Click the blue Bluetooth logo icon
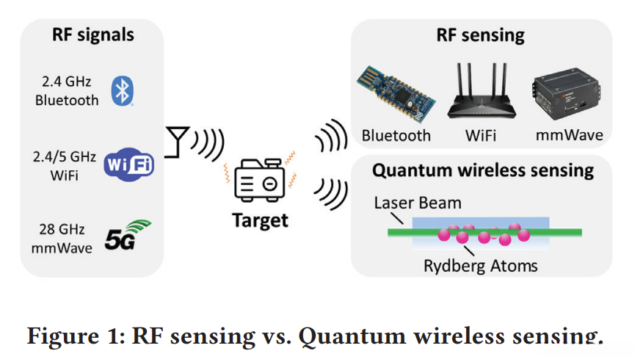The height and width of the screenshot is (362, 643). (122, 91)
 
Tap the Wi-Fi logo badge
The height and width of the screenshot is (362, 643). (128, 164)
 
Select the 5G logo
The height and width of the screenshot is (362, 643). (127, 235)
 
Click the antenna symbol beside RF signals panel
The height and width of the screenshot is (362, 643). (177, 142)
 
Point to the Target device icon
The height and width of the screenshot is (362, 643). (260, 180)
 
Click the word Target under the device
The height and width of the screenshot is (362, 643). (260, 220)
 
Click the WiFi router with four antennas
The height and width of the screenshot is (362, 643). (482, 91)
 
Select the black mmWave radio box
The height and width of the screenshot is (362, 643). (567, 93)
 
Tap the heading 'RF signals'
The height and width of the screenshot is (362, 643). (93, 35)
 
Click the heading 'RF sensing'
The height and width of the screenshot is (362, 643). (480, 35)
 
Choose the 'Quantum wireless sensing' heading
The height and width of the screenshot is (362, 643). (483, 170)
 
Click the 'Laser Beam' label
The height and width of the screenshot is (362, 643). (418, 203)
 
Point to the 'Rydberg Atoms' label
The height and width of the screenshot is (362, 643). (480, 266)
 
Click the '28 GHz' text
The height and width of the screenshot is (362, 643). (62, 229)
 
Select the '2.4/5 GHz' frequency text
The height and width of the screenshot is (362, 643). (65, 157)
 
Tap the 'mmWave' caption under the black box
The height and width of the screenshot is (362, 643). (569, 135)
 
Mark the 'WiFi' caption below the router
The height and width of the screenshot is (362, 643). (481, 135)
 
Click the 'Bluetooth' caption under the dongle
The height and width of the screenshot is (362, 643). (396, 135)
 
